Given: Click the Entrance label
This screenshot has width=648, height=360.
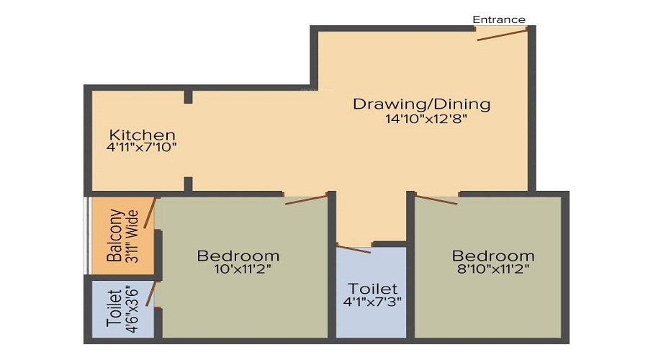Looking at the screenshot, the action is point(499,19).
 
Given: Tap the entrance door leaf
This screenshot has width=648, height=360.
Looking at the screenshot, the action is point(502,35).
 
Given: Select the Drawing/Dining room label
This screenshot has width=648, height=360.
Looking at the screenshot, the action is point(421,104).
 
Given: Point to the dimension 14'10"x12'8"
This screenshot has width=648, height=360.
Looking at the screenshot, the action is point(426,119).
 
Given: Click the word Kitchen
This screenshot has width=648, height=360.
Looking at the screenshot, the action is point(142,135).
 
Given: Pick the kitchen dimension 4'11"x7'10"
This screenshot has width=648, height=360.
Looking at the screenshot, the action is point(141,147).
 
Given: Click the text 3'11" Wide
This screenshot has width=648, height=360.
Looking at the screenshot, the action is point(132,236).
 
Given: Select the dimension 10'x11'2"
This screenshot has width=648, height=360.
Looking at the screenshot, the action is point(243,269).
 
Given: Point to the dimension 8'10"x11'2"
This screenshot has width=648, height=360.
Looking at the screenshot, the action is point(493,269).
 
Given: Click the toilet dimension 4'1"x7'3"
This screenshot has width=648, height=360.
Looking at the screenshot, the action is point(372,302).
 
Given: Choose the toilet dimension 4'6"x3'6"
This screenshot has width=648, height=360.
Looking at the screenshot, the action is point(132,309).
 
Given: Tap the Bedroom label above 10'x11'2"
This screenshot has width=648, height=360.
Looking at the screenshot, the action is point(238,256).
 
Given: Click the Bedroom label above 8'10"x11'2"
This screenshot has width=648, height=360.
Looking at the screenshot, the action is point(493,256).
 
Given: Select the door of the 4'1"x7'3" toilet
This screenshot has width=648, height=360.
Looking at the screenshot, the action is point(354,250).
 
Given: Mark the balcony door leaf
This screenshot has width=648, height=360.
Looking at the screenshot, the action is point(150,213).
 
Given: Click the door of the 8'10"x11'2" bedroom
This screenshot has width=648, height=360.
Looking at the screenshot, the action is point(436,199).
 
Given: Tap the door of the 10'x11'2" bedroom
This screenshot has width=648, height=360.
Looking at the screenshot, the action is point(306,199).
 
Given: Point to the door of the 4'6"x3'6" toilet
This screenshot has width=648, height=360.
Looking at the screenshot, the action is point(151,294).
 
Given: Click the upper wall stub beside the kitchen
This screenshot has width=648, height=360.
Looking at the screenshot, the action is point(188,96).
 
